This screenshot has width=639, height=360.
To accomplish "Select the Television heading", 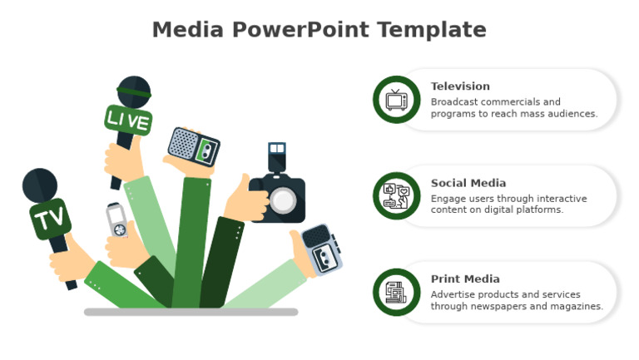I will [460, 86].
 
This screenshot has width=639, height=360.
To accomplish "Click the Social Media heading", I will [468, 183].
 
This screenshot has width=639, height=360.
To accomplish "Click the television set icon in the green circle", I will [397, 100].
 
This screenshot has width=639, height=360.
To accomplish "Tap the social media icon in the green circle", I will [397, 196].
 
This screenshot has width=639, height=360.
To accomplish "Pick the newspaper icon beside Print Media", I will [397, 293].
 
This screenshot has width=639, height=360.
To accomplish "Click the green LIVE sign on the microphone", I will [128, 121].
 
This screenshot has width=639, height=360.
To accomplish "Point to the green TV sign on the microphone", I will [49, 220].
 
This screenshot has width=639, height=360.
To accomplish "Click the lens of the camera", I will [283, 200].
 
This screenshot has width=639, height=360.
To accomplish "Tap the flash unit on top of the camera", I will [276, 156].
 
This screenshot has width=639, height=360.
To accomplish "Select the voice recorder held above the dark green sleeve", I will [193, 148].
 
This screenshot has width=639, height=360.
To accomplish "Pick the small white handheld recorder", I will [117, 220].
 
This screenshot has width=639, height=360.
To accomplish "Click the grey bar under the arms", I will [191, 312].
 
